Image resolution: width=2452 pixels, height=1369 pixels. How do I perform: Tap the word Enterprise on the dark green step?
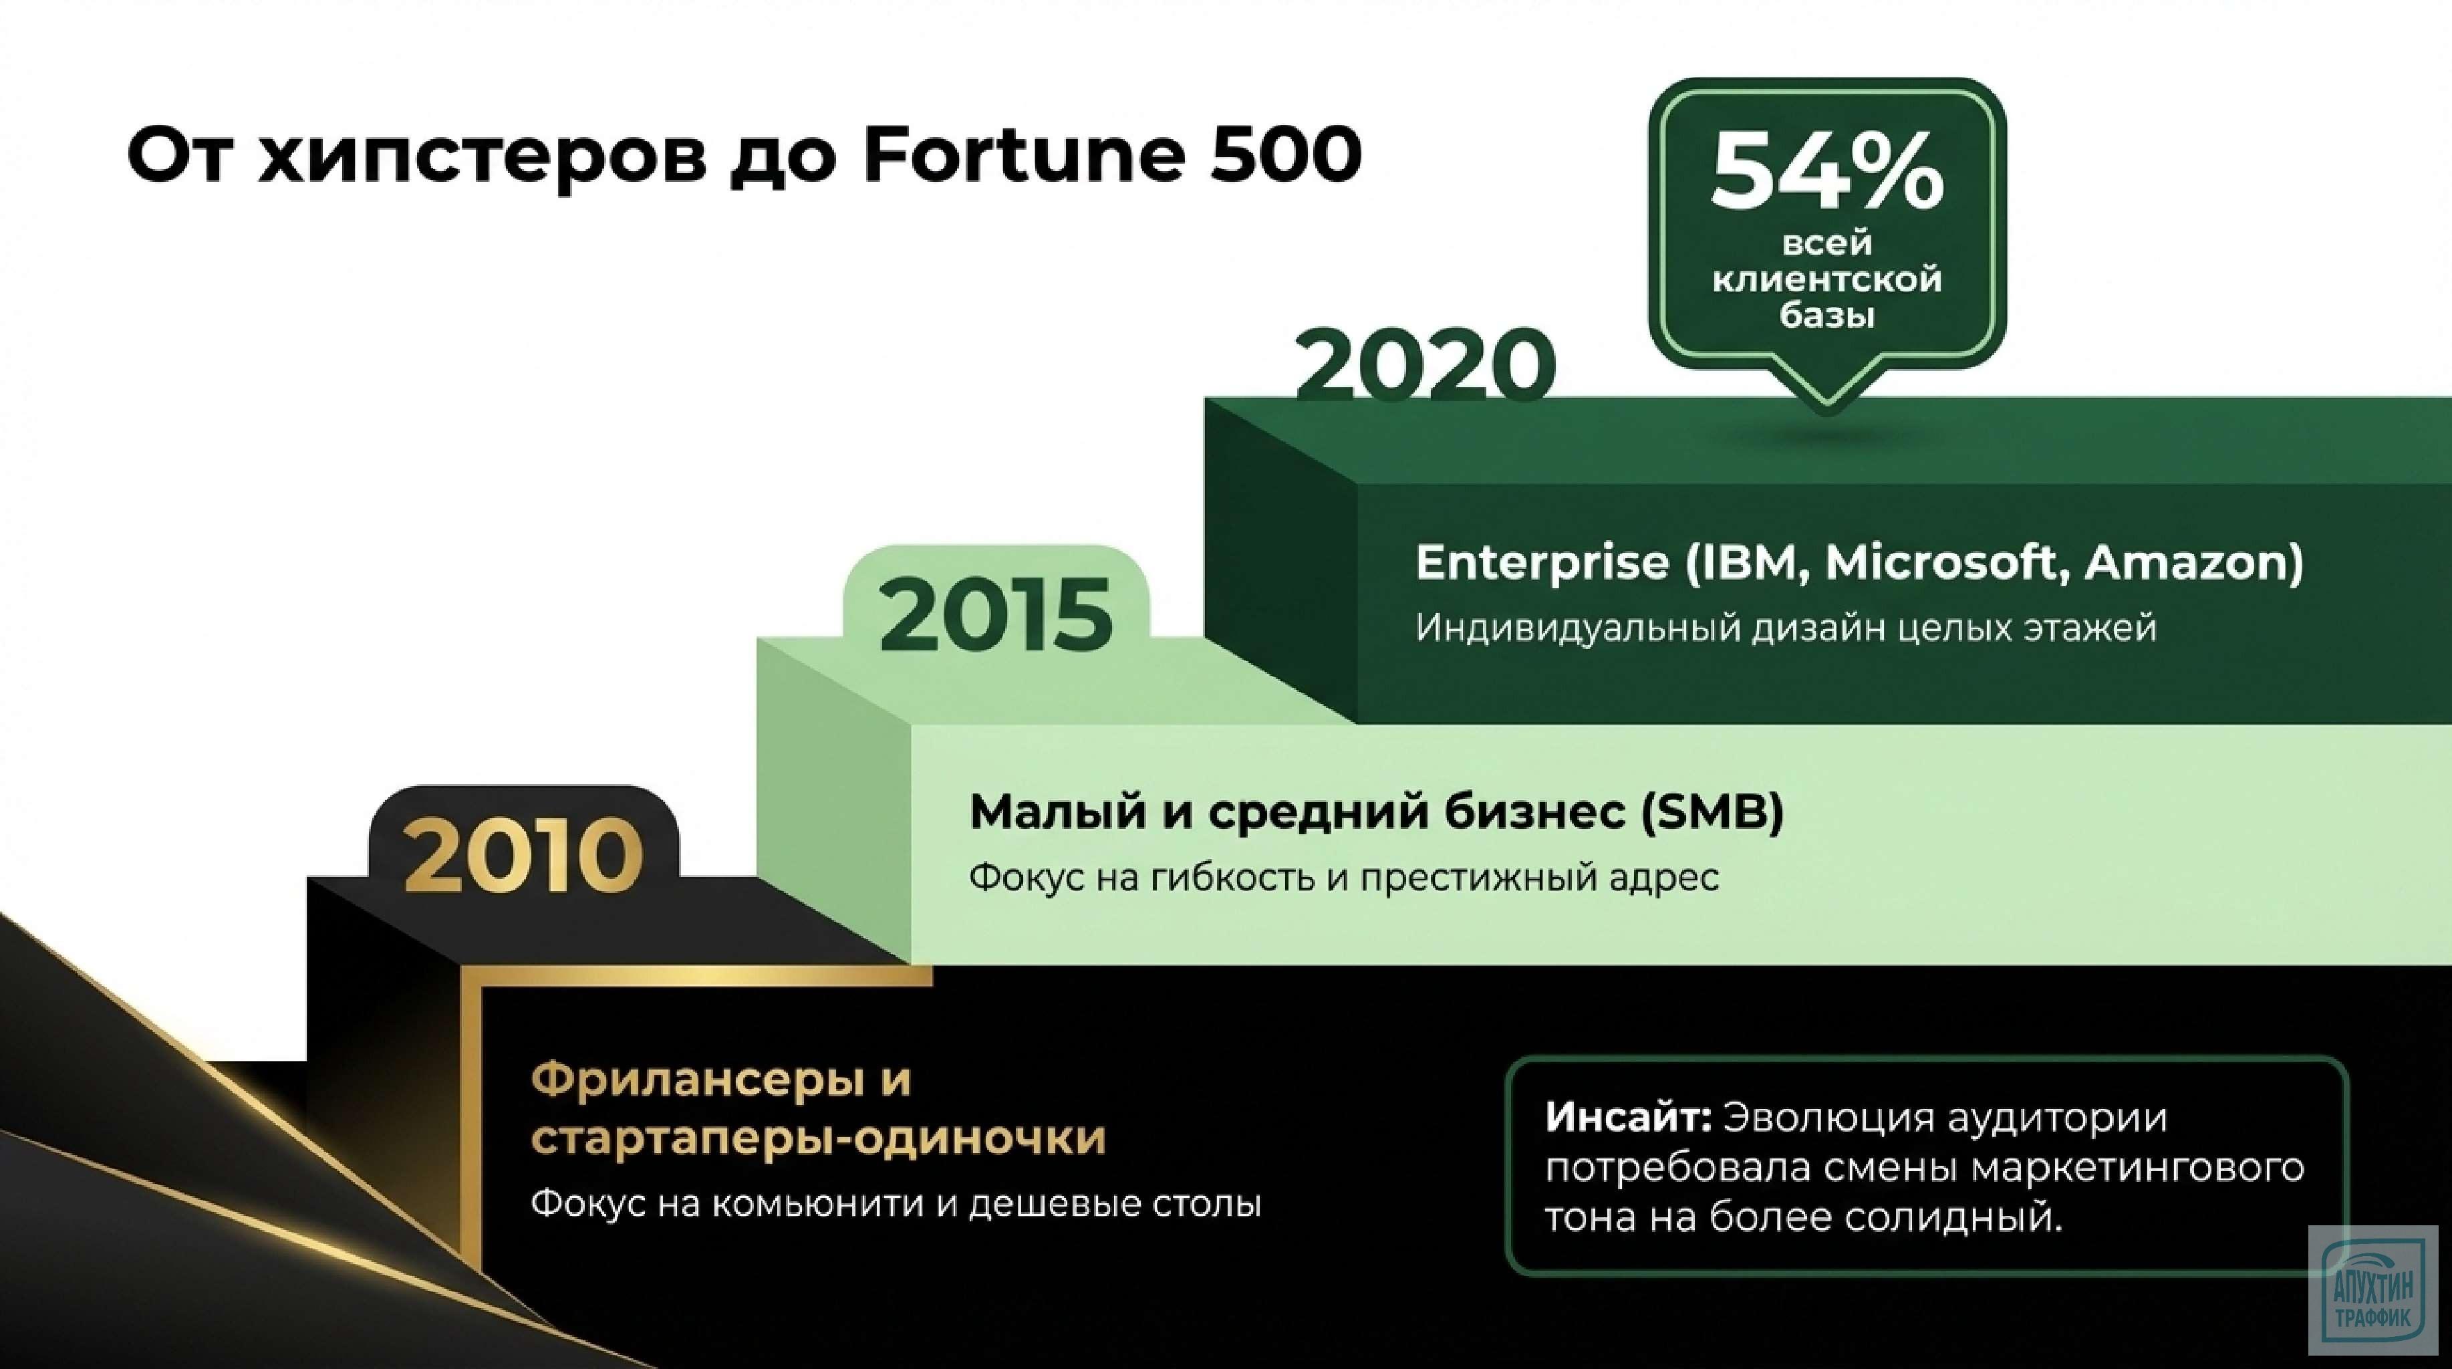click(x=1542, y=564)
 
